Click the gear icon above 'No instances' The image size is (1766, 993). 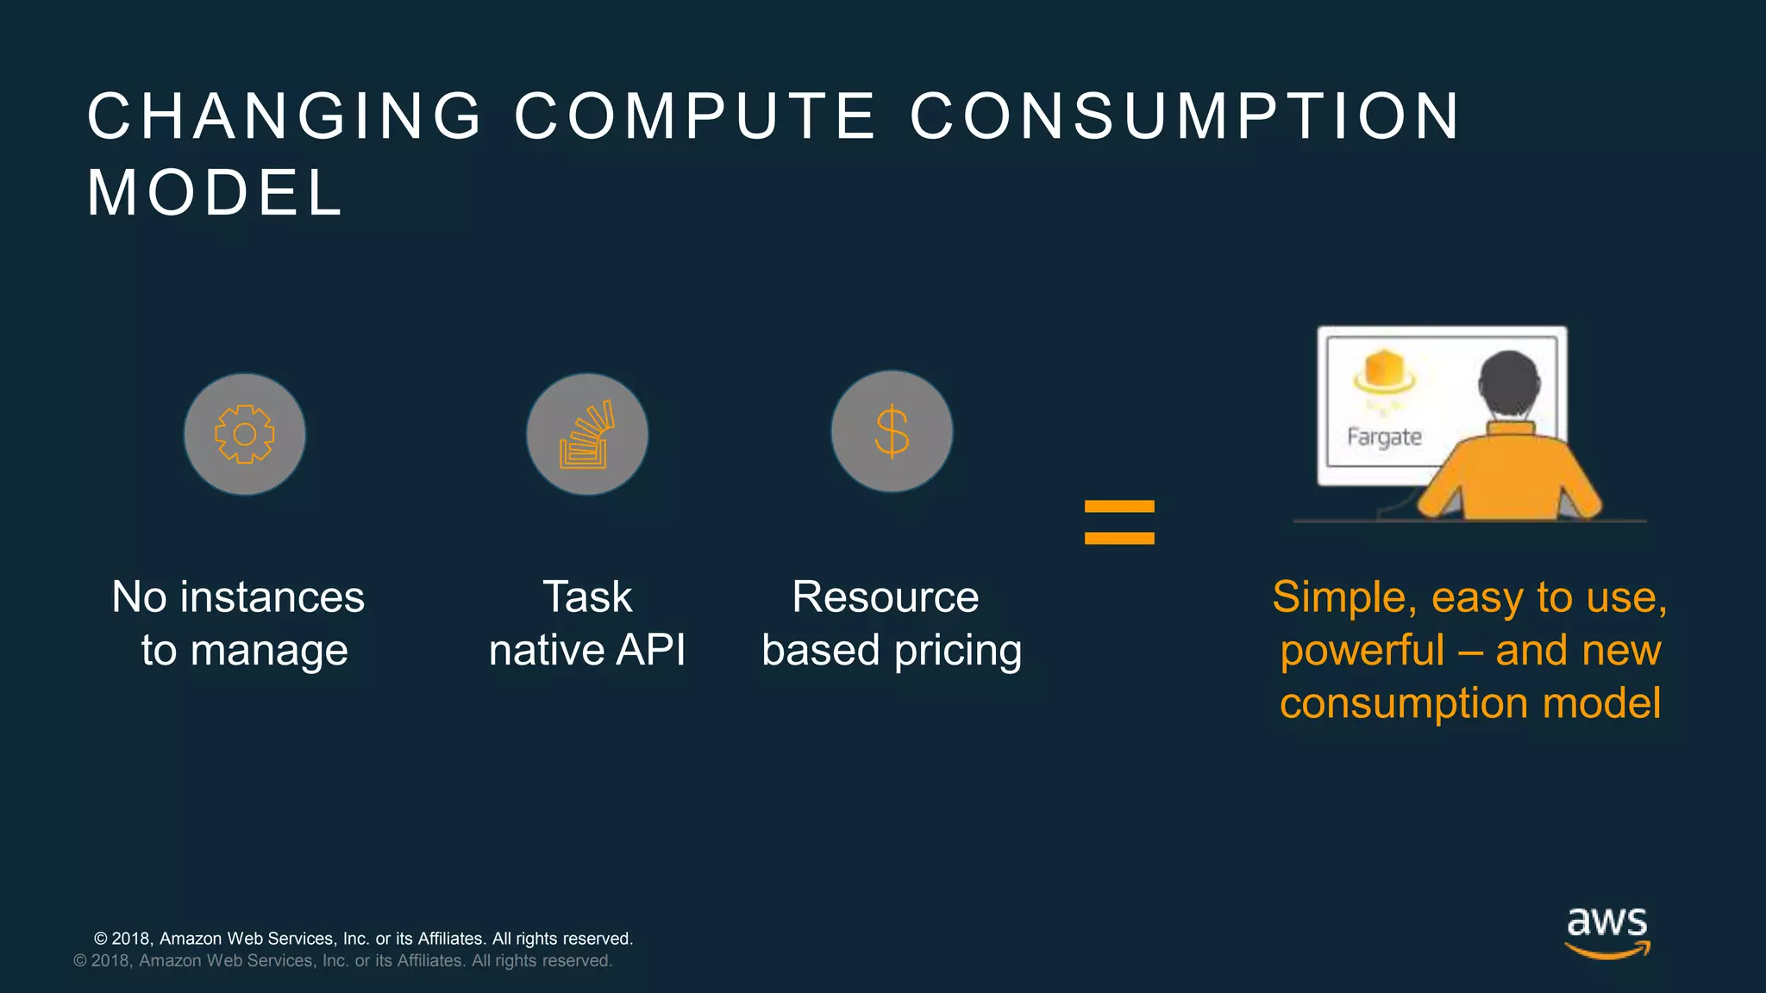245,434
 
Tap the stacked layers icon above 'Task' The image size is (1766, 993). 587,434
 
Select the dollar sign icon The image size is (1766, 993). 892,432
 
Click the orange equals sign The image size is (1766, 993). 1119,522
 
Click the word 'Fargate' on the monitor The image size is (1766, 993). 1384,437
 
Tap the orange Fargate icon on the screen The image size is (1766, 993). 1384,374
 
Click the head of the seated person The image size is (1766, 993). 1509,384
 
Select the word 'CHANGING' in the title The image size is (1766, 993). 285,116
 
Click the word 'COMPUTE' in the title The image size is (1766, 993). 695,116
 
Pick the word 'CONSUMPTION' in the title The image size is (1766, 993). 1186,116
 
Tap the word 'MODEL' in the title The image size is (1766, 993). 216,192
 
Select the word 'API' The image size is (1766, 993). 650,650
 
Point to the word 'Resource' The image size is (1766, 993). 886,597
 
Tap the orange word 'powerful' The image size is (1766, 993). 1362,651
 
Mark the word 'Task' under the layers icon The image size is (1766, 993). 587,597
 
